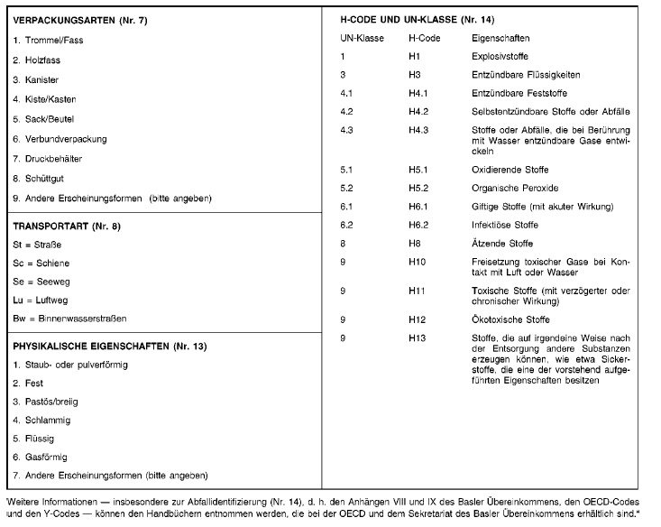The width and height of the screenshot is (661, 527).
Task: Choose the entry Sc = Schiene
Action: [x=41, y=263]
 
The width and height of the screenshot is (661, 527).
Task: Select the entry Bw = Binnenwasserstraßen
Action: [x=69, y=319]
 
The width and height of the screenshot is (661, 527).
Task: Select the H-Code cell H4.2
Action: [x=418, y=112]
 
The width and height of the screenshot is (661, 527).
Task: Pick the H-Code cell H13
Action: [x=416, y=337]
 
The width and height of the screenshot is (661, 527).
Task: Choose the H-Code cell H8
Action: [x=414, y=243]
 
